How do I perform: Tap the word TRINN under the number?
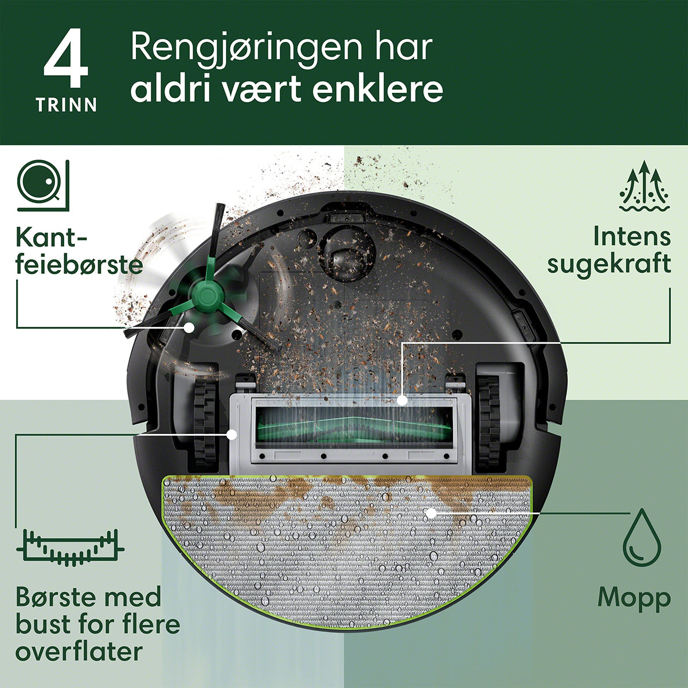[66, 105]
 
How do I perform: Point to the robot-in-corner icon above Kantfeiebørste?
[43, 185]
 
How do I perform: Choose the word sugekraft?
[609, 264]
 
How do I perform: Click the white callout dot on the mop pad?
[431, 513]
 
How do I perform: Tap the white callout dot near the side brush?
[189, 327]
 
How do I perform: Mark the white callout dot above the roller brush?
[402, 400]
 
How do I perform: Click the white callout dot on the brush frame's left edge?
[232, 435]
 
